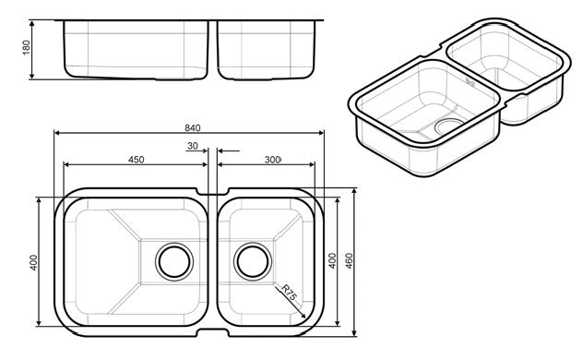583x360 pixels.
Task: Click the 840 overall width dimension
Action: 193,128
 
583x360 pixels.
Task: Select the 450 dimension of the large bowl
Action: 137,160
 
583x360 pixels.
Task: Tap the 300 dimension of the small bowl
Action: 272,160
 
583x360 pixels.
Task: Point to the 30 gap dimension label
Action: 193,146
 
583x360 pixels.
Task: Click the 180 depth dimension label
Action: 27,48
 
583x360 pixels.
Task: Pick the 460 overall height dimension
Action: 349,260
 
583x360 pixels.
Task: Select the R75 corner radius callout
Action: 289,293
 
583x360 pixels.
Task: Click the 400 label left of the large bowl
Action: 33,262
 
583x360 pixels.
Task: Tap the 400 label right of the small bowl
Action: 332,260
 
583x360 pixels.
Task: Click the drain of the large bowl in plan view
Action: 174,261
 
